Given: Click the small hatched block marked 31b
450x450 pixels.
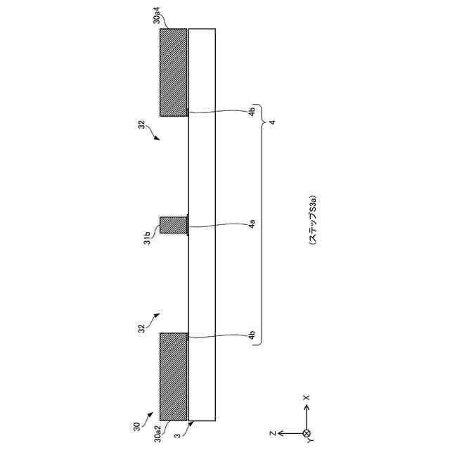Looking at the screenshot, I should click(174, 225).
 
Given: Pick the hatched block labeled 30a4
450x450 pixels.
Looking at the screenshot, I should click(174, 72).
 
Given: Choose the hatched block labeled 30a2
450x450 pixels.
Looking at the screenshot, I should click(174, 376).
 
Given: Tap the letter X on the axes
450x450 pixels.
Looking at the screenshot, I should click(307, 397).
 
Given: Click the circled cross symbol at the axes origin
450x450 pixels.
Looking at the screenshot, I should click(307, 432).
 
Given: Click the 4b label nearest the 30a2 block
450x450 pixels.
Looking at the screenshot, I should click(252, 336).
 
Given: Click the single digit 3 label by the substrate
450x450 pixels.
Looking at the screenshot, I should click(184, 436).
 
